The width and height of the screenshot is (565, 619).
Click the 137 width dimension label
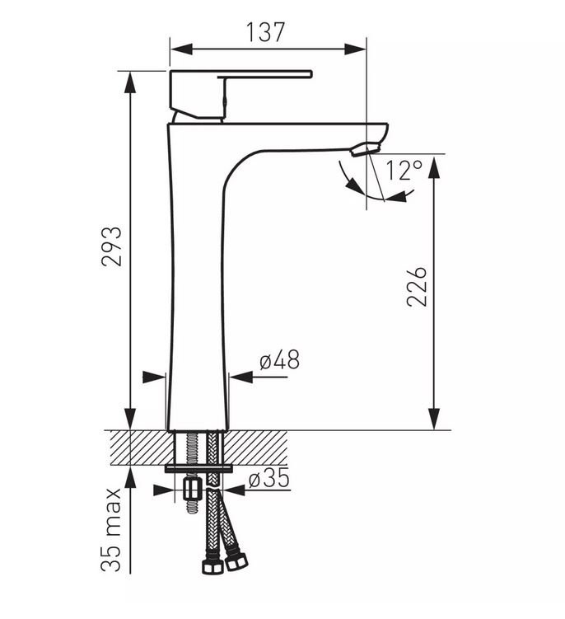coord(265,32)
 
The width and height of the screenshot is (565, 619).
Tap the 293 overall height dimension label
coord(112,246)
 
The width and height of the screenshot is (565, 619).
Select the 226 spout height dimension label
coord(417,286)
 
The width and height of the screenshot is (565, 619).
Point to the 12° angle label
coord(404,170)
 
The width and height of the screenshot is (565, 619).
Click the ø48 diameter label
coord(280,359)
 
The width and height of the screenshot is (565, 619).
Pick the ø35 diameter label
coord(269,478)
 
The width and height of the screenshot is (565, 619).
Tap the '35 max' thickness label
coord(111,530)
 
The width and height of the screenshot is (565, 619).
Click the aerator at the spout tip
coord(366,150)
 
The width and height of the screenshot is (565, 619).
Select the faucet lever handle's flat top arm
coord(264,74)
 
